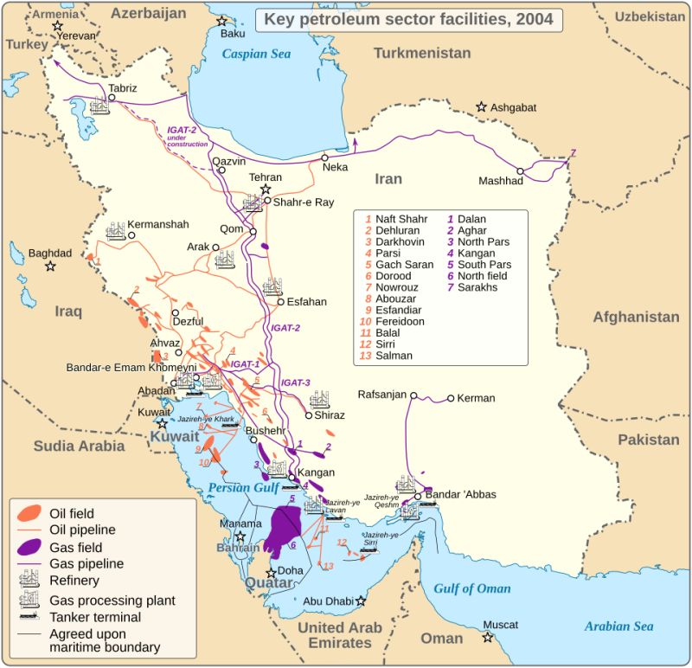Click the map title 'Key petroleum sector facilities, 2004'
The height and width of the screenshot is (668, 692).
click(409, 19)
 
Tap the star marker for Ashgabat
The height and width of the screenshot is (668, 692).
click(481, 106)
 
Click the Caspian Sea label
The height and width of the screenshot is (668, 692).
click(257, 54)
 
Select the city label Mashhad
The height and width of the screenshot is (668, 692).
click(501, 181)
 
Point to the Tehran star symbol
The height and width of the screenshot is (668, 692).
click(266, 189)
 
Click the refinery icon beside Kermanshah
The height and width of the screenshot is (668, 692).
click(116, 232)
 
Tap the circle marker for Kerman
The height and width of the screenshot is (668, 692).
click(451, 399)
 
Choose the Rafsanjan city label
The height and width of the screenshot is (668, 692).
click(381, 395)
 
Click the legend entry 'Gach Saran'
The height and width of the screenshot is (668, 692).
click(405, 264)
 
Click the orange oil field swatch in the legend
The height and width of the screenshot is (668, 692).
click(30, 513)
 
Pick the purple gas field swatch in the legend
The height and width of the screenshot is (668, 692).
click(30, 547)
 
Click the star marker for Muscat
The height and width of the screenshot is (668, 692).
click(489, 638)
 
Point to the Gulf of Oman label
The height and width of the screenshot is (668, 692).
click(472, 588)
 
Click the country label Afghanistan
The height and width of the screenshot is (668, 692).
click(636, 317)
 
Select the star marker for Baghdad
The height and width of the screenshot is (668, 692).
click(51, 267)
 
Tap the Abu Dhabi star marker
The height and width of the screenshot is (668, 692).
click(361, 601)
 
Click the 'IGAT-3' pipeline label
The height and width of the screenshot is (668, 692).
click(295, 382)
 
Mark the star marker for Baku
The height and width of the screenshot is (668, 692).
click(222, 21)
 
